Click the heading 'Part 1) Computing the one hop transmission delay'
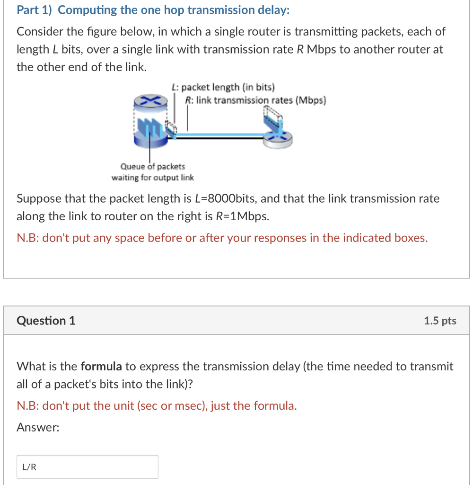pyautogui.click(x=153, y=10)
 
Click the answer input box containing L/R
pyautogui.click(x=88, y=467)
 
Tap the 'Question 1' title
pyautogui.click(x=46, y=321)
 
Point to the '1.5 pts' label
pyautogui.click(x=440, y=321)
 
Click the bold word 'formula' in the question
pyautogui.click(x=101, y=366)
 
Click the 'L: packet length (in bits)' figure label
pyautogui.click(x=223, y=87)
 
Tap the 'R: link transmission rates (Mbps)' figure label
pyautogui.click(x=255, y=100)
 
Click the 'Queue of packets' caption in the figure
pyautogui.click(x=153, y=167)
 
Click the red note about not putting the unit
pyautogui.click(x=157, y=406)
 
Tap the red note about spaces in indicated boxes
pyautogui.click(x=222, y=238)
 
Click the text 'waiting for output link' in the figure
pyautogui.click(x=152, y=178)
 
